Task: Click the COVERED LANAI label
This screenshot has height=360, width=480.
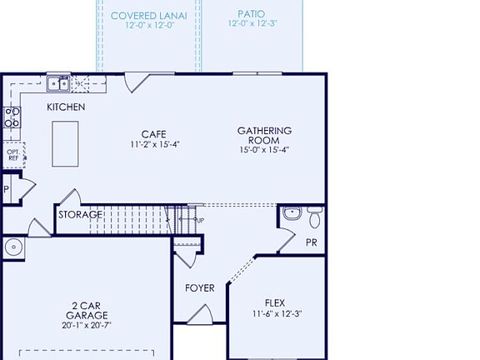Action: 148,15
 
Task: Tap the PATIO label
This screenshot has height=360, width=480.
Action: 252,14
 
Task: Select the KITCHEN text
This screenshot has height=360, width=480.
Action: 66,107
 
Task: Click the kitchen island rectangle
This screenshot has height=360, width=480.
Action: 66,143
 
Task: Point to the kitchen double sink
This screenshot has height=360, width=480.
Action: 58,82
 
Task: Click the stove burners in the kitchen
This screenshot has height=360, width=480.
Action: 12,117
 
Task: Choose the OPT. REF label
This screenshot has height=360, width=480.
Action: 12,155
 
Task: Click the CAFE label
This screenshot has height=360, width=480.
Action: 154,134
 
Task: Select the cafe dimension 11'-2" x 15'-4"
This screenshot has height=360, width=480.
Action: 155,144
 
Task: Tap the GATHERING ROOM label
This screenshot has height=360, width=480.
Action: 264,136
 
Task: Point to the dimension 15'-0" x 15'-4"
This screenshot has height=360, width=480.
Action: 264,151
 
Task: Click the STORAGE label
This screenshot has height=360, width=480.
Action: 80,215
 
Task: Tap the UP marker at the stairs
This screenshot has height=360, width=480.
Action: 199,221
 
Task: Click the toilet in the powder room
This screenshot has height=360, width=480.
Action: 314,218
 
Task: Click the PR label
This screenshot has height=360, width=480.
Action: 311,243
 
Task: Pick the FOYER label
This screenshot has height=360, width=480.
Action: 200,288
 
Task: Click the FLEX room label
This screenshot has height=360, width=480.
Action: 275,302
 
